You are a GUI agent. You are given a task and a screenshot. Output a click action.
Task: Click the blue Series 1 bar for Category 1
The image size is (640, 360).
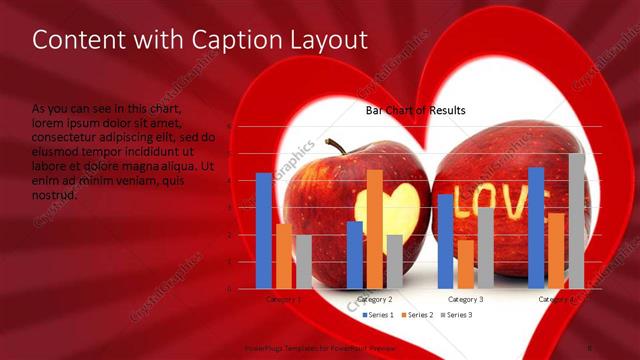[x=263, y=230]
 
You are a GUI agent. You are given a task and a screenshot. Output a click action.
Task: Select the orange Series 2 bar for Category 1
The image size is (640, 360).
[x=284, y=256]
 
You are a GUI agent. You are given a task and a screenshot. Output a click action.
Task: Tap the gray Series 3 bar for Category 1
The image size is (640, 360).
[x=304, y=261]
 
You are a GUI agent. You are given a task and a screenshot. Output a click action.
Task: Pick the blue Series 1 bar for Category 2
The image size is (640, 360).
[x=355, y=254]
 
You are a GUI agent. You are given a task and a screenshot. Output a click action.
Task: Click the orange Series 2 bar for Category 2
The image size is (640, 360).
[x=375, y=228]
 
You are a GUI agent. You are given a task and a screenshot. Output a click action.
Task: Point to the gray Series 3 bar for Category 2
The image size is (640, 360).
[x=394, y=261]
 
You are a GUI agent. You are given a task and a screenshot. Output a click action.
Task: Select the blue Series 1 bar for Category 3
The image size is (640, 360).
[x=445, y=241]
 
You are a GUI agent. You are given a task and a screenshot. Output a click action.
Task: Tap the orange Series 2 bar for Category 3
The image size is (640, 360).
[x=465, y=263]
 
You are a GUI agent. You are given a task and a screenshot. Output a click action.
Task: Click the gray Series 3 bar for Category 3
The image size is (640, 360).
[x=485, y=247]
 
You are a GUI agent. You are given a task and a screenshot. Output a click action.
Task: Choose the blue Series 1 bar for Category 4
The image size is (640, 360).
[x=536, y=227]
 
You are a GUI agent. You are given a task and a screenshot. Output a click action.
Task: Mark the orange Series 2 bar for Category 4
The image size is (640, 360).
[x=556, y=250]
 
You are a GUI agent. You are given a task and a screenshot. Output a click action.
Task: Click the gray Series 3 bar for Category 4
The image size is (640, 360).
[x=576, y=220]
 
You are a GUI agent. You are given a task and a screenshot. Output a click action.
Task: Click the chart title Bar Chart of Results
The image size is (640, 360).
[x=415, y=110]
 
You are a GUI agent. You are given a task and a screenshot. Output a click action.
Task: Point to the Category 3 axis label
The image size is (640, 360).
[x=465, y=299]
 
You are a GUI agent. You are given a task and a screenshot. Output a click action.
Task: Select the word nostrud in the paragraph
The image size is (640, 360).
[x=54, y=195]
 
